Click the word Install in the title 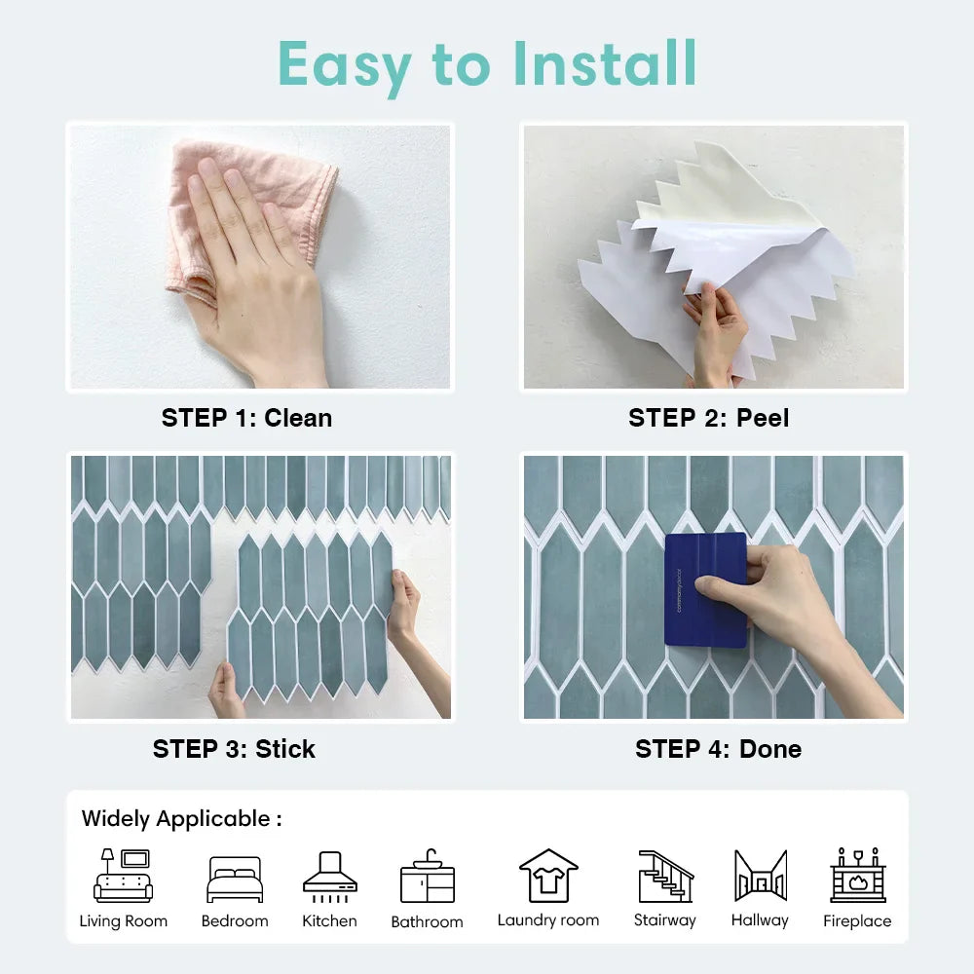[x=605, y=63]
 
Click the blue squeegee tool [x=705, y=589]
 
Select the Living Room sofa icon [x=123, y=876]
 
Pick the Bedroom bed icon [x=235, y=879]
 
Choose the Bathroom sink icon [x=428, y=876]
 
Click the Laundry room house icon [x=548, y=876]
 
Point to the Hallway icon [x=761, y=876]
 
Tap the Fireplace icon [x=858, y=875]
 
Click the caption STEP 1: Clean [x=246, y=418]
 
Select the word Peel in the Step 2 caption [x=763, y=418]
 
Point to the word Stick [x=285, y=749]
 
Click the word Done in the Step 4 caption [x=770, y=749]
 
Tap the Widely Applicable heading [x=181, y=819]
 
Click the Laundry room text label [x=548, y=920]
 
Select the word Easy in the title [x=344, y=66]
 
